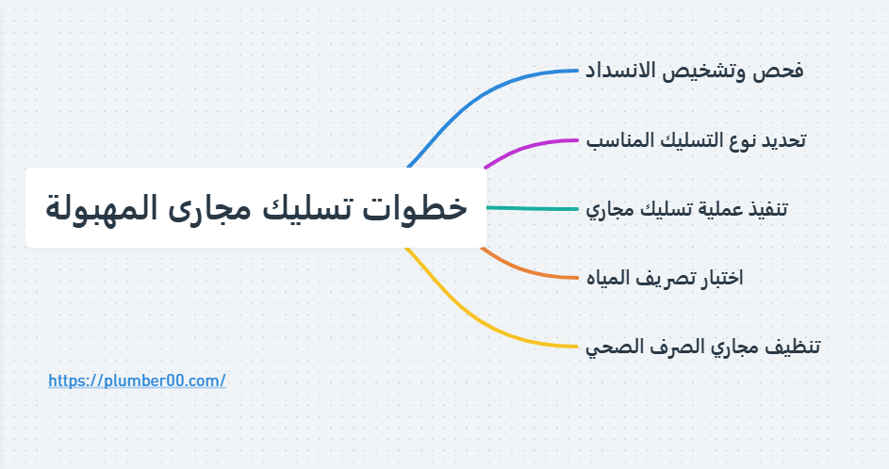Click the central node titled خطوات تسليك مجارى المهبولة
pyautogui.click(x=255, y=208)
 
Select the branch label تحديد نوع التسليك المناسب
pyautogui.click(x=696, y=140)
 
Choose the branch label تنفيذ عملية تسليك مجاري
pyautogui.click(x=686, y=209)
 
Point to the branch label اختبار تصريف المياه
pyautogui.click(x=665, y=278)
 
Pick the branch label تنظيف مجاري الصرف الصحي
pyautogui.click(x=702, y=347)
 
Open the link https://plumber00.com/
pyautogui.click(x=137, y=380)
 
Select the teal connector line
pyautogui.click(x=533, y=208)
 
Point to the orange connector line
pyautogui.click(x=528, y=271)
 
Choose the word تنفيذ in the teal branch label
pyautogui.click(x=766, y=209)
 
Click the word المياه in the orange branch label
pyautogui.click(x=608, y=278)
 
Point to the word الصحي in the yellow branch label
pyautogui.click(x=609, y=347)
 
